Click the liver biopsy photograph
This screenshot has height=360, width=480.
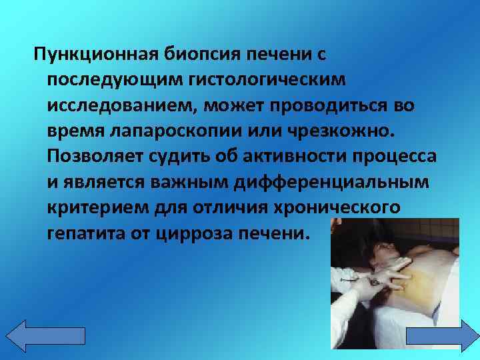[x=393, y=281]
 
